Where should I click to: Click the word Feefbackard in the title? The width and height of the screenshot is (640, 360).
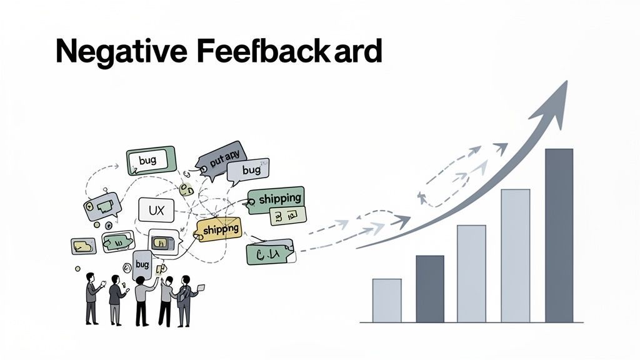coord(288,52)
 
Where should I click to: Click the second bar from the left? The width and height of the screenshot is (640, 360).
coord(430,288)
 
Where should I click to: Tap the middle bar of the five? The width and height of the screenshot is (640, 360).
coord(471,273)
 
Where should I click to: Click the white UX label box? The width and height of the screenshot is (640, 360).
coord(156,211)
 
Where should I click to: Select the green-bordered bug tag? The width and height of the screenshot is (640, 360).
coord(151,161)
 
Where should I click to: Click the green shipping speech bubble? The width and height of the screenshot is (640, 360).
coord(276,199)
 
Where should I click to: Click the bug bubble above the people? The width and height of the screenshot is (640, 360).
coord(142,264)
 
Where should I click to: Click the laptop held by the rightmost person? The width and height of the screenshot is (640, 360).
coord(201,288)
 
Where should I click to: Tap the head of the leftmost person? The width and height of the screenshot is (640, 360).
coord(91,277)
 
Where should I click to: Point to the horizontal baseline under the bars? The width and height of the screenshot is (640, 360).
coord(471,322)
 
